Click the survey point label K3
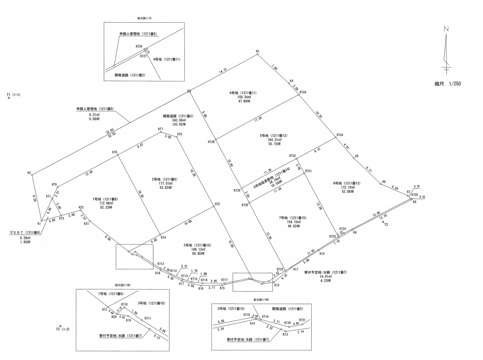(x=258, y=52)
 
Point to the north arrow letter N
(x=446, y=29)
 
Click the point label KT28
(x=211, y=142)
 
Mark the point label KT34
(x=303, y=92)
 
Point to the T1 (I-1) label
(x=14, y=94)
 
